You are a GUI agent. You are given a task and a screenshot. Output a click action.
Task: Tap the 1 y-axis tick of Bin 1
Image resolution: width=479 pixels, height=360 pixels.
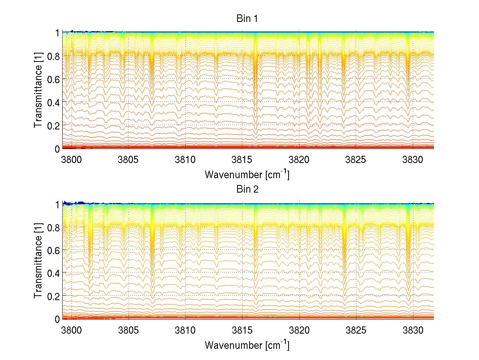click(x=57, y=33)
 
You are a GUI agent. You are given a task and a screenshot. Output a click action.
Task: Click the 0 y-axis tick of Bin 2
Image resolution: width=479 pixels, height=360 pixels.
click(x=57, y=319)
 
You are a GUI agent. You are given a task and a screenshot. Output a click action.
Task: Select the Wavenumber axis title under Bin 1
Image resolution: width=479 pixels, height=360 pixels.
click(x=247, y=174)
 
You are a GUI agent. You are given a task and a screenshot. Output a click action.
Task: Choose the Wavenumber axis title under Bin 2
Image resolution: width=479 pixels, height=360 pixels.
click(x=247, y=345)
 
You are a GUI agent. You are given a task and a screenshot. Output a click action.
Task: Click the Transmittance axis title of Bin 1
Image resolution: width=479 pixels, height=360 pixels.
click(x=38, y=90)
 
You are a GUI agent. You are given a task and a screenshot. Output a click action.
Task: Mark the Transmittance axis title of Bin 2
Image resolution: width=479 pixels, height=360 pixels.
click(x=38, y=261)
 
